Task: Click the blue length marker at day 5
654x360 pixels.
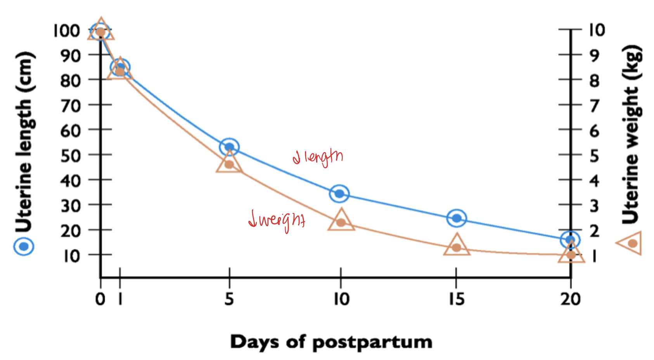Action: coord(229,147)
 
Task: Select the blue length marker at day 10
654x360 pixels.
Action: coord(339,194)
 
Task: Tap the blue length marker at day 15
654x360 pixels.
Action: coord(457,218)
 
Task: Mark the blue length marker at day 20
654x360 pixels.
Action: coord(570,240)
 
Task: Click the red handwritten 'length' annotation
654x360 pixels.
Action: coord(318,157)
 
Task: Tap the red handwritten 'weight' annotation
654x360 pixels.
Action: coord(277,220)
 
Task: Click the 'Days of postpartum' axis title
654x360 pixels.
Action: coord(331,342)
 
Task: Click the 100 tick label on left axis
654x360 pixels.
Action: coord(67,30)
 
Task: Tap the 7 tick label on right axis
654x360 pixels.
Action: coord(594,106)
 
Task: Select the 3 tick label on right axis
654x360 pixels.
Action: coord(594,206)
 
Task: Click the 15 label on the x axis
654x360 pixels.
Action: coord(456,299)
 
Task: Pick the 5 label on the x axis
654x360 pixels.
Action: coord(229,299)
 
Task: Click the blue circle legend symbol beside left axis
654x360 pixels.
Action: coord(24,247)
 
